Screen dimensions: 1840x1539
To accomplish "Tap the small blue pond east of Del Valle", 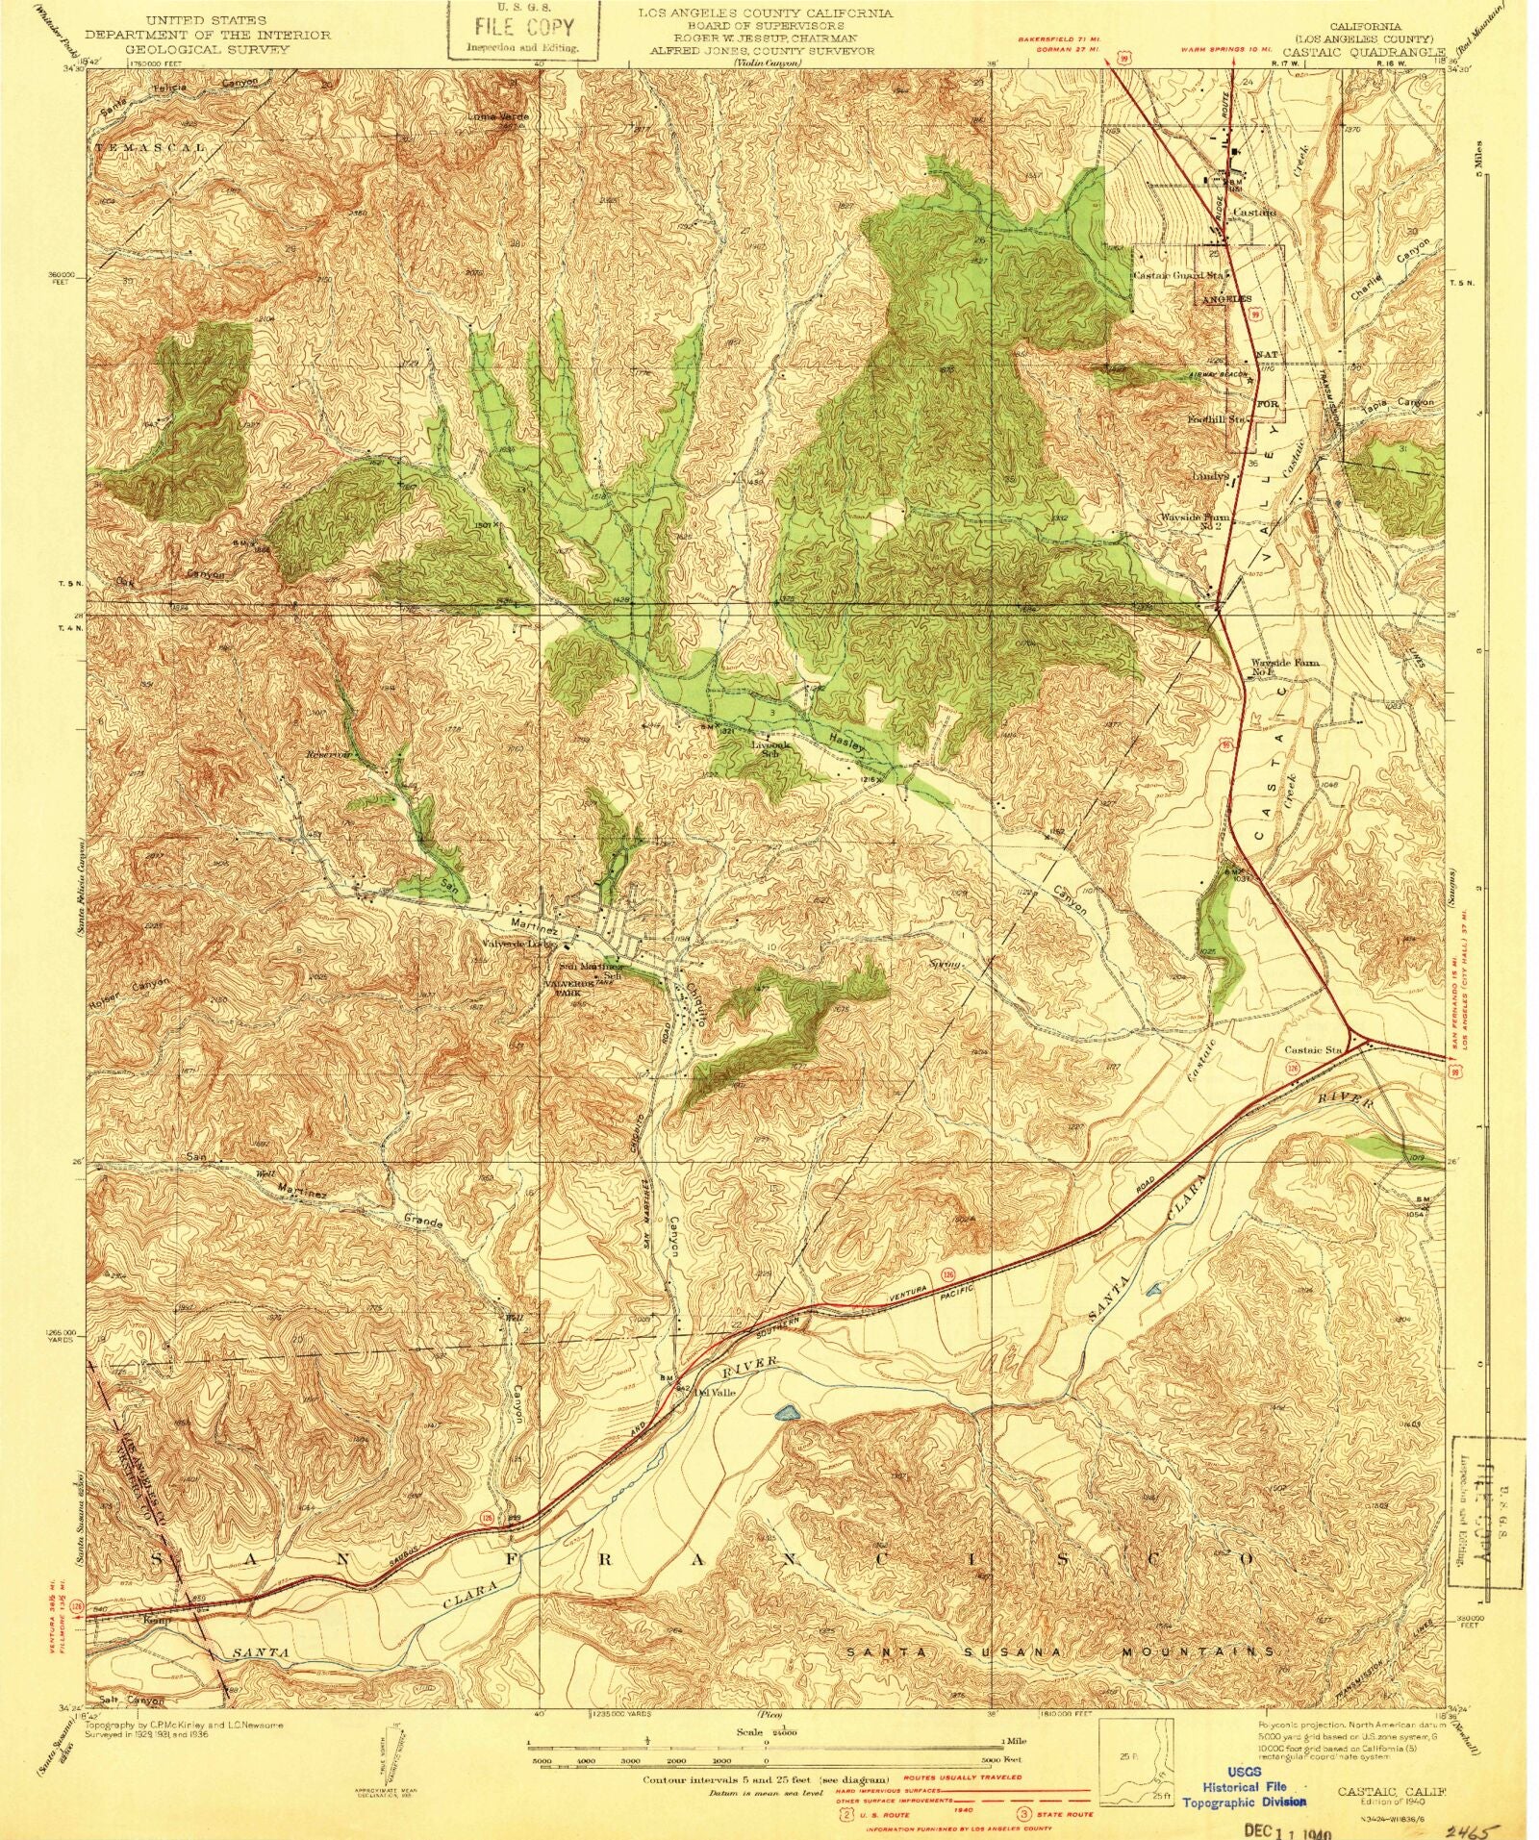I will tap(787, 1413).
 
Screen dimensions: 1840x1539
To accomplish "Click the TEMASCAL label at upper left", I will tap(151, 147).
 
